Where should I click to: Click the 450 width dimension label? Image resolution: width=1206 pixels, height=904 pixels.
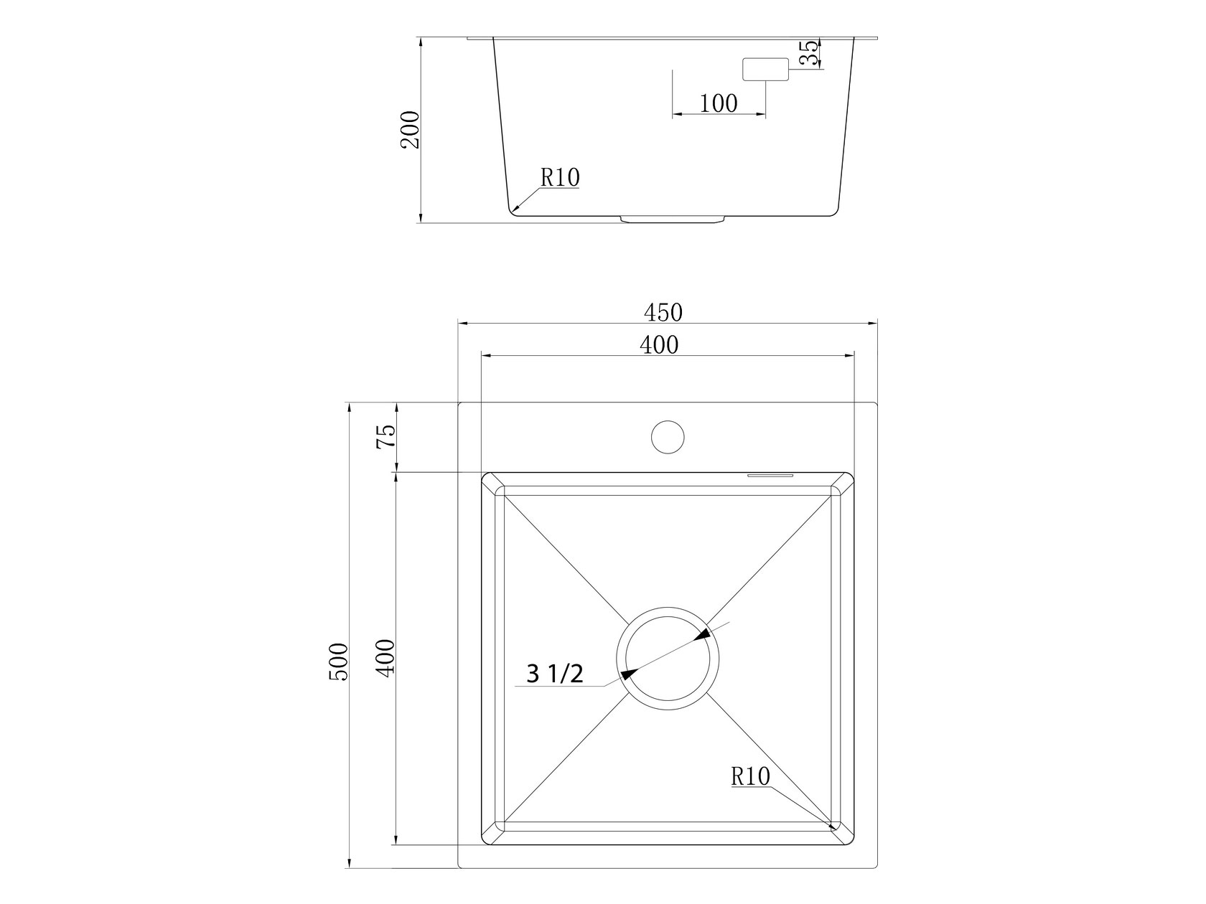(663, 313)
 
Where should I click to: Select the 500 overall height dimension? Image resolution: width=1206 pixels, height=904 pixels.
(339, 662)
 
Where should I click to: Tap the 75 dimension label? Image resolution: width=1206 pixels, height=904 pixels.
(385, 437)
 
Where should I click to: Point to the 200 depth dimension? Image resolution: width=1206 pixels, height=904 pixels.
(410, 130)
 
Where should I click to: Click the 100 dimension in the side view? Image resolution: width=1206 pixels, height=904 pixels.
(719, 103)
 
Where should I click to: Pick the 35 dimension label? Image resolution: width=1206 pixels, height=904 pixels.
(809, 53)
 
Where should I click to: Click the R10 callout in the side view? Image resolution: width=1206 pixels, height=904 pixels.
(560, 177)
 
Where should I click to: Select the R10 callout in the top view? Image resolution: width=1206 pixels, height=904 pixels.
(751, 776)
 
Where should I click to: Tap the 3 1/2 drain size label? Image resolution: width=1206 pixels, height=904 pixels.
(555, 674)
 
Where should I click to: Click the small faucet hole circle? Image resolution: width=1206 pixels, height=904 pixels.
(668, 437)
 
